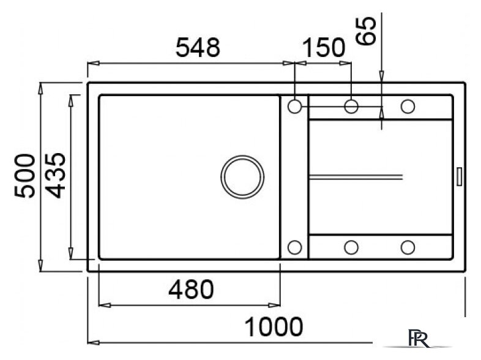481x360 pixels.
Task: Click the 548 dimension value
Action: [198, 48]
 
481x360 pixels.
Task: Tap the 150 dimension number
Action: [324, 48]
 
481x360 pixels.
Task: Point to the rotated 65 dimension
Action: [366, 31]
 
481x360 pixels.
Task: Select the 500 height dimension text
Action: [25, 176]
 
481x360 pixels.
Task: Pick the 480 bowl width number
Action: [191, 289]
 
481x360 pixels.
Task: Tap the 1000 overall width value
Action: [274, 326]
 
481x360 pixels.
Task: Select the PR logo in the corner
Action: [418, 338]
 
